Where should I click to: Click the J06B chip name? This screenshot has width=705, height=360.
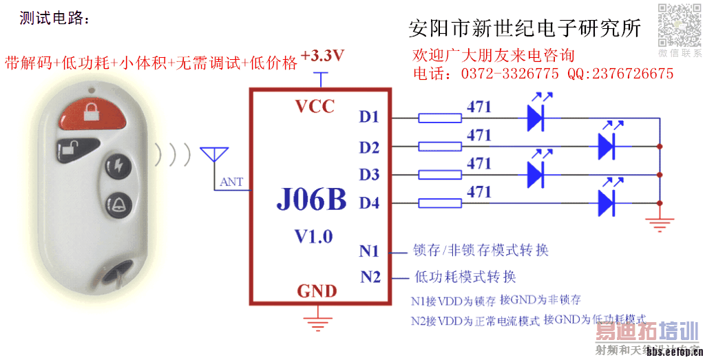coord(311,200)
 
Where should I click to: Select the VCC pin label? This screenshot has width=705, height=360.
coord(315,107)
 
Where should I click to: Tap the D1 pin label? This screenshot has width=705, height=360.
coord(369,117)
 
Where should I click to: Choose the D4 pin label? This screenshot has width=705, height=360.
coord(369,203)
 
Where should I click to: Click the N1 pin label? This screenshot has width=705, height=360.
coord(369,251)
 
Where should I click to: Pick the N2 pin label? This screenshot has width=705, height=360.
coord(370,277)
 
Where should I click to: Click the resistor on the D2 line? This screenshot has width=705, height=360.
coord(440,146)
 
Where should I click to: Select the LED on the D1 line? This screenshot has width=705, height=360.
coord(536,118)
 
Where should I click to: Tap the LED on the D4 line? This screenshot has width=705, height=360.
coord(607,202)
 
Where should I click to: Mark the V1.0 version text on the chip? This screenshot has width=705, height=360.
coord(313,236)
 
